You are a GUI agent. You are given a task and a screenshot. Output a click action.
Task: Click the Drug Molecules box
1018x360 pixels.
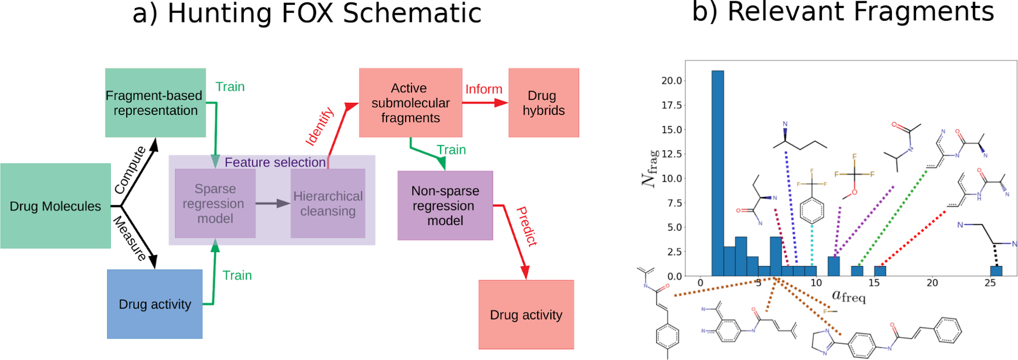pos(56,206)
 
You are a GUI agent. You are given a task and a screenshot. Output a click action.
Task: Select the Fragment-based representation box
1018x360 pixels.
pos(155,103)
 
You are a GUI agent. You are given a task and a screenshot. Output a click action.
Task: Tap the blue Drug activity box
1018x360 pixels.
pos(155,304)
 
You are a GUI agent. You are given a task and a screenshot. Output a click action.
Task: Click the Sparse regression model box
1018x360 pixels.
pos(215,204)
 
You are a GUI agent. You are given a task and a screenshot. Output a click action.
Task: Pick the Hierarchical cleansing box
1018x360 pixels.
pos(328,204)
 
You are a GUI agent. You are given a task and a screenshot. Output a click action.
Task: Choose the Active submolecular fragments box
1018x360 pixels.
pos(410,103)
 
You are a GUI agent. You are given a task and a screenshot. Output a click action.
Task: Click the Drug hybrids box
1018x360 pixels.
pos(543,103)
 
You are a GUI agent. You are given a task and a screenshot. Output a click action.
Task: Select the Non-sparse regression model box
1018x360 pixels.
pos(445,206)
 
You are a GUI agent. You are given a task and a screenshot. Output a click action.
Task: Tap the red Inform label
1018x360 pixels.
pos(484,89)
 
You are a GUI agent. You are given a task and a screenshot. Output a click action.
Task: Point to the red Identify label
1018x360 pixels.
pos(320,126)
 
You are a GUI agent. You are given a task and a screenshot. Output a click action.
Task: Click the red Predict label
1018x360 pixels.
pos(527,226)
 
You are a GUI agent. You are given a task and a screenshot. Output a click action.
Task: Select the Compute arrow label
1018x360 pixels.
pos(130,170)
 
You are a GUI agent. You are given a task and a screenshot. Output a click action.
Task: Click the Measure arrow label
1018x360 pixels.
pos(130,239)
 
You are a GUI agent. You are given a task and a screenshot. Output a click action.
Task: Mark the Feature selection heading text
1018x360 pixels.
pos(275,162)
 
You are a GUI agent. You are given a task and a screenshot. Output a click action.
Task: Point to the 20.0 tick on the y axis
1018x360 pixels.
pos(671,81)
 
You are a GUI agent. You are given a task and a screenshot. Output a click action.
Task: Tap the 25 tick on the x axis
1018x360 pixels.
pos(990,283)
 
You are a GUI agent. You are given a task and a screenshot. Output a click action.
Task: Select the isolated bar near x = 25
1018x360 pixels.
pos(996,271)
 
